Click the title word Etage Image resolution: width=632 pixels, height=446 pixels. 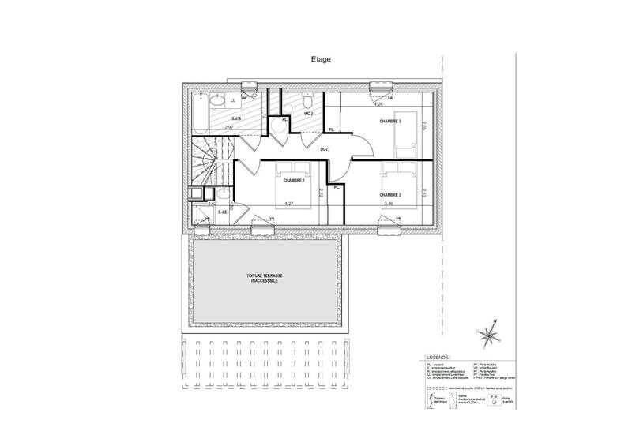pyautogui.click(x=320, y=59)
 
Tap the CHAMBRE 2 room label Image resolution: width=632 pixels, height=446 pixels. pyautogui.click(x=391, y=194)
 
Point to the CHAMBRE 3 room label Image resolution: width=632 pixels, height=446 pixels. pyautogui.click(x=390, y=122)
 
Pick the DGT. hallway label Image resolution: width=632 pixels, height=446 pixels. pyautogui.click(x=325, y=148)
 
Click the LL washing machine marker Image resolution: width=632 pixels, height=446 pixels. pyautogui.click(x=233, y=101)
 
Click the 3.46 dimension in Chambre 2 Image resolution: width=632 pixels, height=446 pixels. pyautogui.click(x=389, y=204)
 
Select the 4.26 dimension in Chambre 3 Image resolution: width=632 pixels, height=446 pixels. pyautogui.click(x=378, y=104)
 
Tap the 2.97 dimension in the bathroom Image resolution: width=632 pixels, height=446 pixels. pyautogui.click(x=229, y=127)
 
